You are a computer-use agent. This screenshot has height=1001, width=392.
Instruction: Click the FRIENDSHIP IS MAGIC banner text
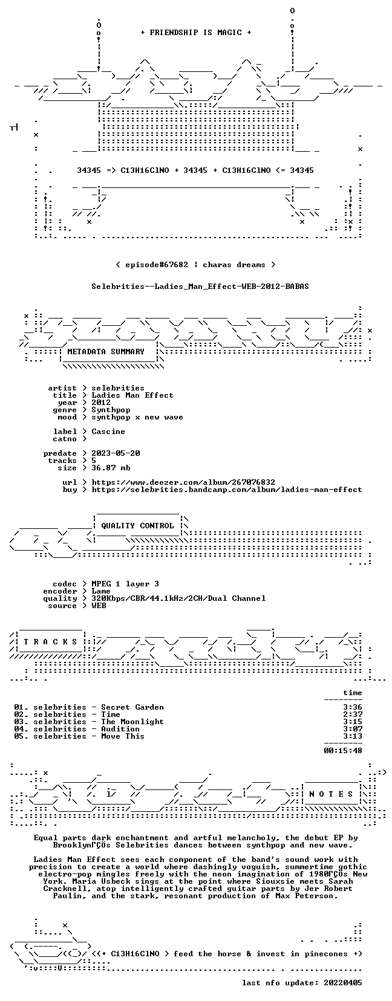pos(196,33)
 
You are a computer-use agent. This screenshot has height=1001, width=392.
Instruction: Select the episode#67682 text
pos(157,265)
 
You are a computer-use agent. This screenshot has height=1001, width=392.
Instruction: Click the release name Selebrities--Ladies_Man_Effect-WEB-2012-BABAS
pos(200,287)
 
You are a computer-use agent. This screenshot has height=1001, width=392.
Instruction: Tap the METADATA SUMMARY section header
pos(106,352)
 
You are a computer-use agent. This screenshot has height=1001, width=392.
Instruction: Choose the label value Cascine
pos(108,432)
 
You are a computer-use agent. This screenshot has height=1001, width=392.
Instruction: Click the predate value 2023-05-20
pos(116,453)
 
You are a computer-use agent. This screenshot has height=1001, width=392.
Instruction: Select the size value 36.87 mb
pos(111,468)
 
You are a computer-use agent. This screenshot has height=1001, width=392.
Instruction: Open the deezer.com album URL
pos(183,482)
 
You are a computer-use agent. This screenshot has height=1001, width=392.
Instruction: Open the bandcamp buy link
pos(227,490)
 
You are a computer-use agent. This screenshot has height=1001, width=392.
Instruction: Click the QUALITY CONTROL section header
pos(137,525)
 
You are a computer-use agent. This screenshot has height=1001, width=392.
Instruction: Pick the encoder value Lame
pos(101,591)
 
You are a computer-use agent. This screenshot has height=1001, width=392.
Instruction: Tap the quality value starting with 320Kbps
pos(178,598)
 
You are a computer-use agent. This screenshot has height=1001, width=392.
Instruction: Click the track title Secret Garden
pos(132,707)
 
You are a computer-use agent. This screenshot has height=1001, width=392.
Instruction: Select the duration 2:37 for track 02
pos(353,714)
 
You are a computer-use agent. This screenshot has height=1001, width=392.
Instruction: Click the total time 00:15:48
pos(343,750)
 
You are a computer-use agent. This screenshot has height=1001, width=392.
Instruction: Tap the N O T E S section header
pos(332,794)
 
